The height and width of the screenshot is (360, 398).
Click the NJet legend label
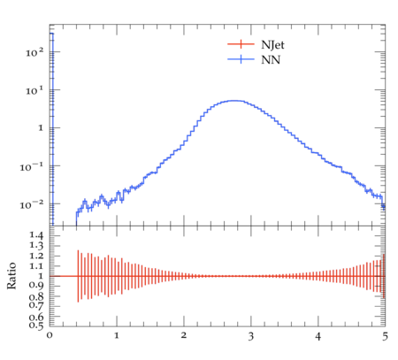pos(272,45)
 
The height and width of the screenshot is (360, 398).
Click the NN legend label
pos(271,60)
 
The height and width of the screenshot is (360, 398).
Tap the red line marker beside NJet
pos(241,44)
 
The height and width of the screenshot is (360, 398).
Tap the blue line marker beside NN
pos(241,59)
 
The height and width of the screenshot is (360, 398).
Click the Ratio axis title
pos(11,276)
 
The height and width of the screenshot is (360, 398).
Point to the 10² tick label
pos(34,52)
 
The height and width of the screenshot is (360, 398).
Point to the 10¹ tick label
pos(34,90)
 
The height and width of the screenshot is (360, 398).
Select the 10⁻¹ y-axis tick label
pos(32,166)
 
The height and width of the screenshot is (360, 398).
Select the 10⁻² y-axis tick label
pos(32,204)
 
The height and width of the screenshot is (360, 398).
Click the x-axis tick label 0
pos(50,335)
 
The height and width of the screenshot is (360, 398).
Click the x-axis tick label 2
pos(184,335)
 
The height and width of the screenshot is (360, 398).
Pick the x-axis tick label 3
pos(251,336)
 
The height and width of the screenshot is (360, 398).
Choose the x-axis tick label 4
pos(318,336)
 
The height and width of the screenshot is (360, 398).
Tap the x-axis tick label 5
pos(385,336)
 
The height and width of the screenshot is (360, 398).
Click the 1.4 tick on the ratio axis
pos(36,235)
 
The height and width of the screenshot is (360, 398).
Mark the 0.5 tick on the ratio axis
pos(36,325)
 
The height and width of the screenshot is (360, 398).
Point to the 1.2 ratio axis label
pos(36,256)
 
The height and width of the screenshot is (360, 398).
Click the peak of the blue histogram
pos(234,101)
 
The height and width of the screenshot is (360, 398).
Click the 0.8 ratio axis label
pos(36,296)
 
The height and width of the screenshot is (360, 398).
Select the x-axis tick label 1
pos(117,335)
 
